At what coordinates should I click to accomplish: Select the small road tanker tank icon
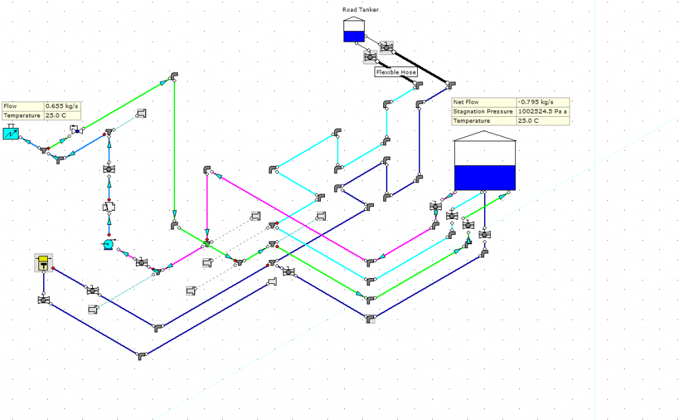click(354, 31)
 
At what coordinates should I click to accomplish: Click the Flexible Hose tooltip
click(396, 72)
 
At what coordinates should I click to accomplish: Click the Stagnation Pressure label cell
click(483, 111)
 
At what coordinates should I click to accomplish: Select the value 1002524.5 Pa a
click(542, 111)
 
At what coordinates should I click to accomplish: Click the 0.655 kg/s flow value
click(62, 106)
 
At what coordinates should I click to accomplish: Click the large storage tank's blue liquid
click(484, 177)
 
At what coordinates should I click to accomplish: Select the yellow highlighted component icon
click(44, 262)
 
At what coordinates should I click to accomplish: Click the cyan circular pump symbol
click(107, 244)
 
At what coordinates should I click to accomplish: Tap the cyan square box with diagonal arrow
click(11, 133)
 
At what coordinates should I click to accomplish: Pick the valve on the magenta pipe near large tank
click(436, 206)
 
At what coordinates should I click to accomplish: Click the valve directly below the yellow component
click(44, 299)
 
